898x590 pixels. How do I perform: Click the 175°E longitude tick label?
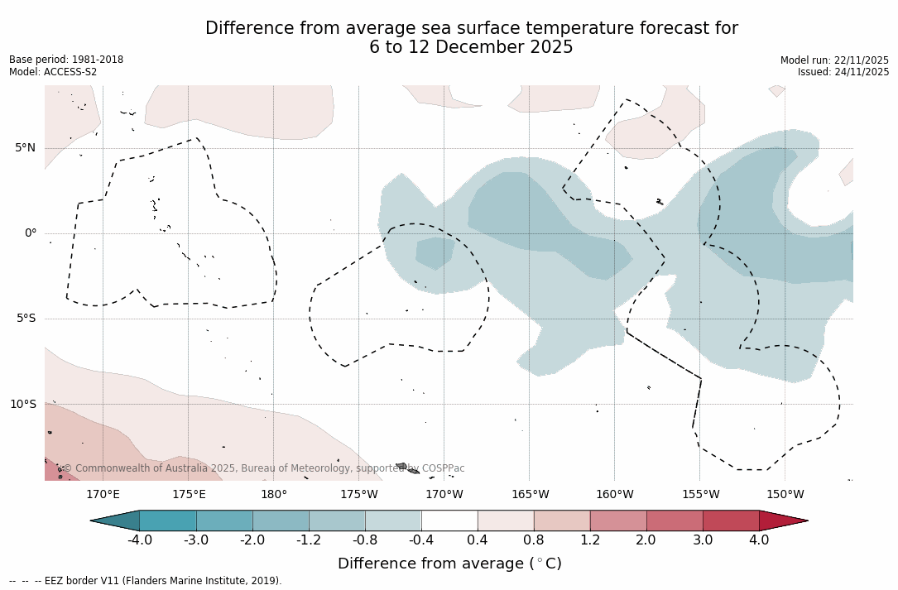click(x=189, y=495)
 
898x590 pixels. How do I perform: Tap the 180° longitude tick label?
click(x=274, y=495)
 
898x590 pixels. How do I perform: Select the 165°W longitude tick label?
click(x=530, y=495)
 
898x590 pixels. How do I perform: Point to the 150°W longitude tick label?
click(x=785, y=495)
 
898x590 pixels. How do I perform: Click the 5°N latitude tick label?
click(x=25, y=148)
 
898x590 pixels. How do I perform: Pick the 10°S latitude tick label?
click(x=22, y=405)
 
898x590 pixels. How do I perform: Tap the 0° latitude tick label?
click(x=31, y=233)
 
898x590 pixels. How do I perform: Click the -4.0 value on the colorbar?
click(x=140, y=540)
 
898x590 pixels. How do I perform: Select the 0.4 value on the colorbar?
click(x=478, y=540)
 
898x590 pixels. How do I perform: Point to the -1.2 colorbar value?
click(x=309, y=540)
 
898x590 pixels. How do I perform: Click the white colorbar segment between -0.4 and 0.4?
click(x=449, y=520)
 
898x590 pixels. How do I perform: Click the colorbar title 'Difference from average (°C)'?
click(x=449, y=564)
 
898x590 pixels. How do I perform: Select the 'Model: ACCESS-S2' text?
click(x=53, y=72)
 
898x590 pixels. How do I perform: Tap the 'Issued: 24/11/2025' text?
click(x=843, y=72)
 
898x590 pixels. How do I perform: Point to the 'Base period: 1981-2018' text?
click(x=66, y=60)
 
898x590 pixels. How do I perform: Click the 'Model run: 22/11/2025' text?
click(x=834, y=60)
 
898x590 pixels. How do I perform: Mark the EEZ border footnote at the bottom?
click(x=146, y=581)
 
